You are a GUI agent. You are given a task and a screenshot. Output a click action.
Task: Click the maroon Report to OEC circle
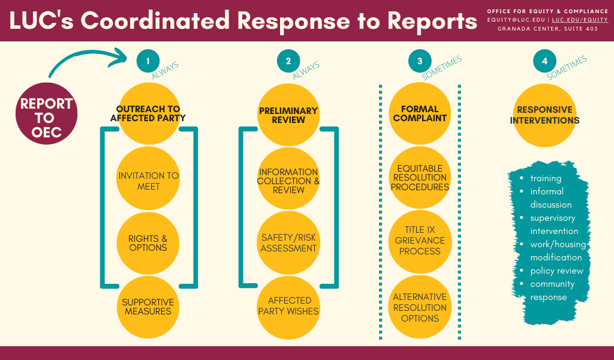click(46, 118)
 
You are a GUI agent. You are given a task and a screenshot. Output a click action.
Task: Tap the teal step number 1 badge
click(148, 61)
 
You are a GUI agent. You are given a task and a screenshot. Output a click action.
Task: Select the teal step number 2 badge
click(288, 61)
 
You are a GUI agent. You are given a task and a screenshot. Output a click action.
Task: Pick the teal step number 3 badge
click(420, 61)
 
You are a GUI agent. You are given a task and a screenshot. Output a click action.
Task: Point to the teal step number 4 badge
click(544, 61)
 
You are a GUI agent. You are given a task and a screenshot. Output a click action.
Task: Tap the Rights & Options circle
click(148, 244)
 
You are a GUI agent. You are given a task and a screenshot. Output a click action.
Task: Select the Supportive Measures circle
click(148, 307)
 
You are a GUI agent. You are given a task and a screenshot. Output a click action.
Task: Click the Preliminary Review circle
click(288, 115)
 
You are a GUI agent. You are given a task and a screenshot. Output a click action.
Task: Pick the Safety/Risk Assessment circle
click(288, 242)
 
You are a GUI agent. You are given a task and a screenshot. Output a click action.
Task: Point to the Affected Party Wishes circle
click(289, 305)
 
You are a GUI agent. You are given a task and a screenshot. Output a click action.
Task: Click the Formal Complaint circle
click(420, 113)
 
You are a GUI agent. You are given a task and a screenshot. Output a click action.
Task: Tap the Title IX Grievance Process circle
click(420, 240)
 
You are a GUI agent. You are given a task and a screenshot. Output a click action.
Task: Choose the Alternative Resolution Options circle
click(420, 307)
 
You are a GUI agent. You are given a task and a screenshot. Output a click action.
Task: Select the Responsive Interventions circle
click(544, 115)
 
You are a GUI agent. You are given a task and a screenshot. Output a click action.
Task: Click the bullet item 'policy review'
click(556, 271)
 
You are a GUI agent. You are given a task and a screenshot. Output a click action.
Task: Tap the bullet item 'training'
click(546, 178)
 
